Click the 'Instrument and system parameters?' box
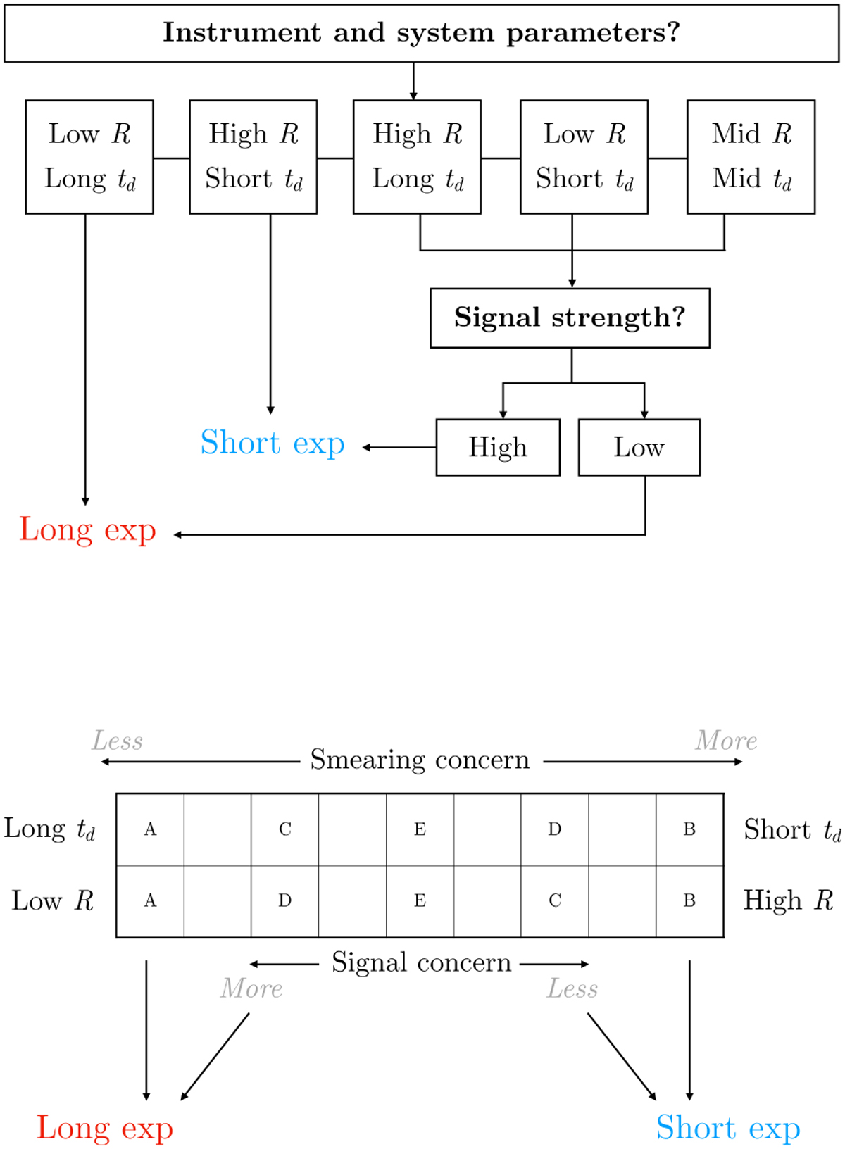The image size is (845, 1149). click(x=421, y=33)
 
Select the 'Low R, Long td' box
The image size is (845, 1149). click(x=89, y=156)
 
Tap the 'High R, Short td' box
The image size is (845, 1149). click(x=254, y=156)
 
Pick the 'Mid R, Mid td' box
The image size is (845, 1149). click(x=751, y=156)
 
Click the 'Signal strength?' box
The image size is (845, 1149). click(x=570, y=318)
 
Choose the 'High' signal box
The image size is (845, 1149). click(x=498, y=448)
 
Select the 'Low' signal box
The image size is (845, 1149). click(x=639, y=448)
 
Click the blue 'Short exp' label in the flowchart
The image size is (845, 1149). click(x=273, y=444)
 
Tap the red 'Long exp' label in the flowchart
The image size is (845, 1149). click(x=87, y=530)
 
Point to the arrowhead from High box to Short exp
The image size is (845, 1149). click(x=366, y=447)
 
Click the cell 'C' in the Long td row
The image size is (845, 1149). click(x=284, y=829)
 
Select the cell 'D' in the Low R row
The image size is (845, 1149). click(x=284, y=900)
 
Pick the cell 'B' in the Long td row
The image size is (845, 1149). click(x=689, y=829)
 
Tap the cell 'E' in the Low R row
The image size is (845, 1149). click(x=420, y=900)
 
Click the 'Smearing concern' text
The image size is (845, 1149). click(x=420, y=760)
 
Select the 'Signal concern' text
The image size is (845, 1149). click(x=421, y=962)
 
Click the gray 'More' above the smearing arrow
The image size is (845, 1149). click(x=726, y=741)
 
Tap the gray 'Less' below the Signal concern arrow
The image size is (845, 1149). click(x=572, y=989)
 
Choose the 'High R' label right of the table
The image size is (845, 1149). click(x=788, y=900)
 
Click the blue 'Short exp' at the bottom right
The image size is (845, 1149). click(x=728, y=1128)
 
